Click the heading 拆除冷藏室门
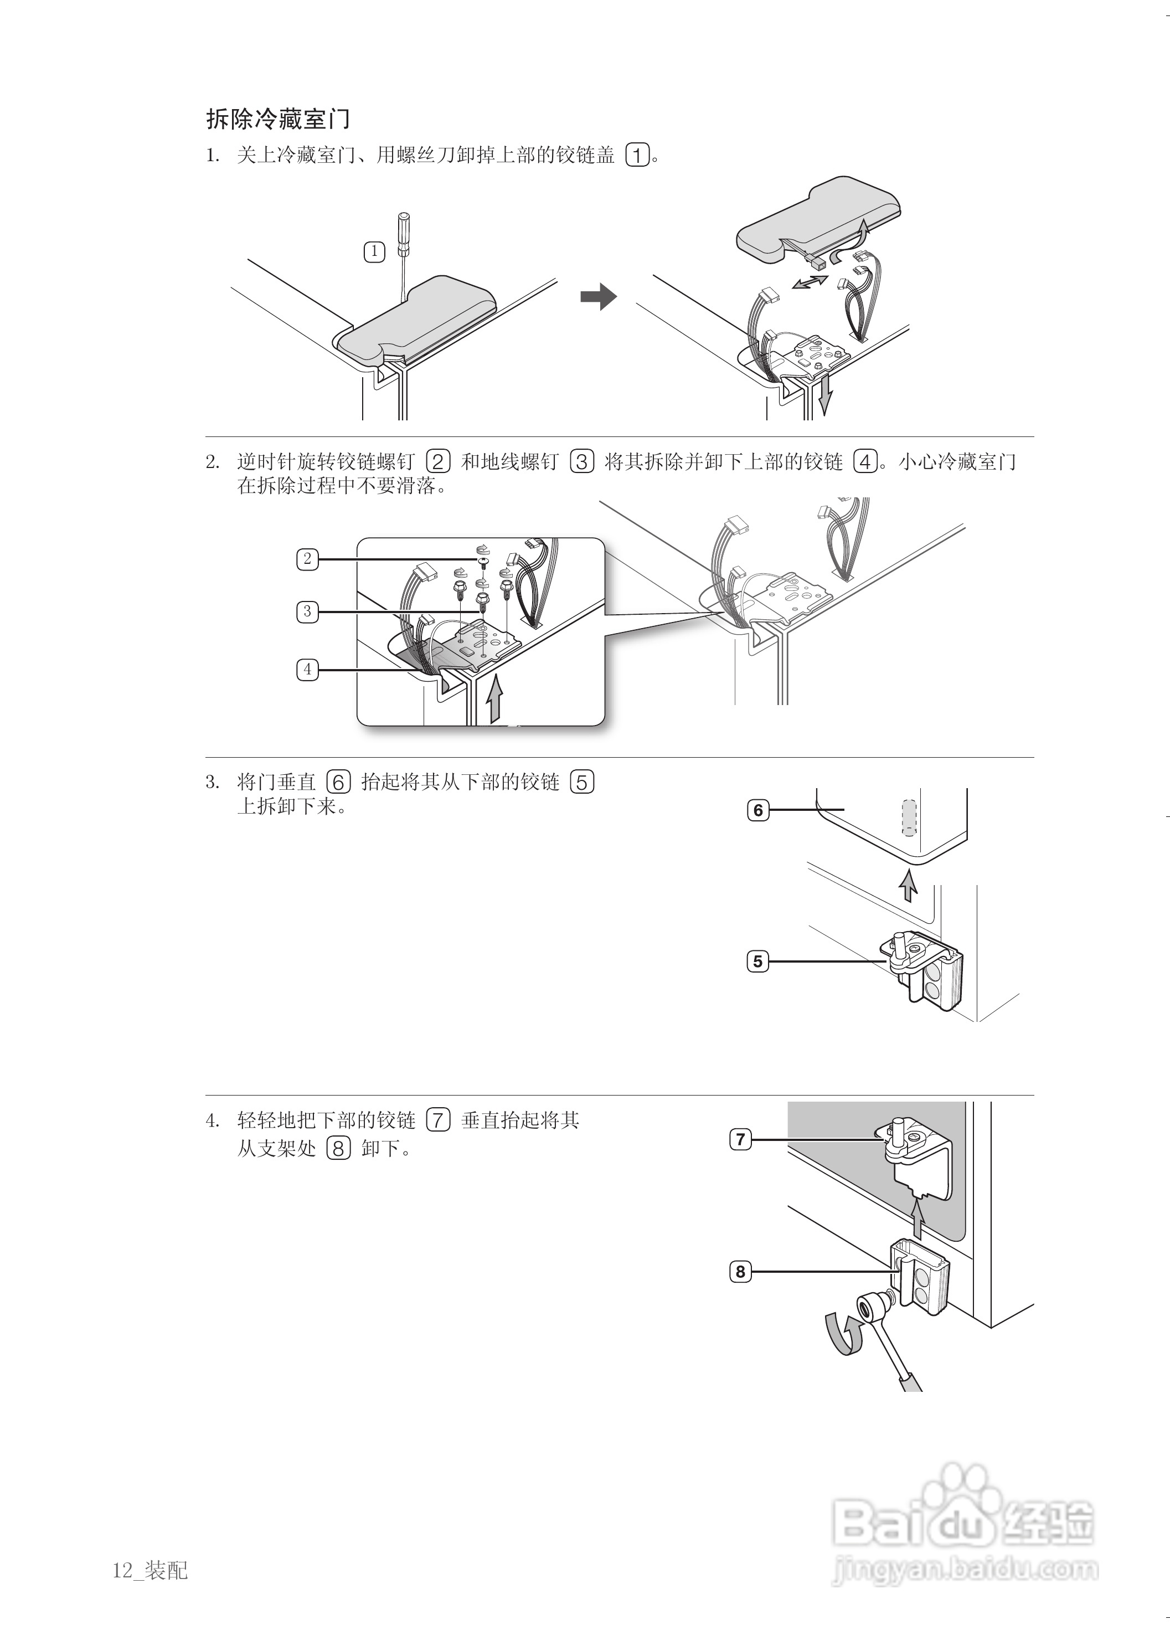point(278,119)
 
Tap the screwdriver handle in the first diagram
point(404,234)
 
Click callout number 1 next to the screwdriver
point(374,251)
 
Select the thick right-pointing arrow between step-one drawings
point(598,296)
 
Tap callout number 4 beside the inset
point(308,670)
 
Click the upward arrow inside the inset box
point(494,698)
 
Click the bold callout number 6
point(758,810)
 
